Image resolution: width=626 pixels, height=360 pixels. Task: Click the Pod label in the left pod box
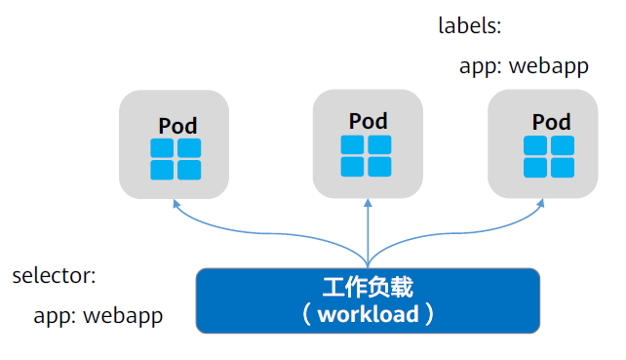[177, 126]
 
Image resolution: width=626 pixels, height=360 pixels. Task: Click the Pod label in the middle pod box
[368, 121]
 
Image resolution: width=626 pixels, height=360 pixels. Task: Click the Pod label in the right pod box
[551, 122]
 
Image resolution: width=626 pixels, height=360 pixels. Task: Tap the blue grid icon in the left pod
[176, 159]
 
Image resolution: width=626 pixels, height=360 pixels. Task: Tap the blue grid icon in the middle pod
[366, 156]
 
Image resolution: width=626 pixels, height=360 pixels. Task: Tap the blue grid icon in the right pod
[548, 157]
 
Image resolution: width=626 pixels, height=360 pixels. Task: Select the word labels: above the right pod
[469, 26]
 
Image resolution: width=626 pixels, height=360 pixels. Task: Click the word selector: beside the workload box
[54, 276]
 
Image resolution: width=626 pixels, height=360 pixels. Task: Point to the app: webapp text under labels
[525, 67]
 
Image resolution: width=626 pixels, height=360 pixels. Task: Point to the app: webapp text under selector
[98, 316]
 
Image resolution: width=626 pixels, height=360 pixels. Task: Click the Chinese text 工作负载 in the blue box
[368, 288]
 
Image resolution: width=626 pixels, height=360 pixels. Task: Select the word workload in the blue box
[368, 314]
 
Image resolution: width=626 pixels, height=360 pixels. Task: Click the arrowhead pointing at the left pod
[176, 204]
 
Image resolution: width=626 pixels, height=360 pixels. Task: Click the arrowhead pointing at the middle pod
[367, 204]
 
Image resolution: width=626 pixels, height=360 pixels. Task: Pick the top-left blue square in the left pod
[163, 148]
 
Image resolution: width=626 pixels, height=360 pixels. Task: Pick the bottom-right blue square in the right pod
[561, 168]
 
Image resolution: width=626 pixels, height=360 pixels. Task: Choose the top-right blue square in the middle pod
[378, 145]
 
